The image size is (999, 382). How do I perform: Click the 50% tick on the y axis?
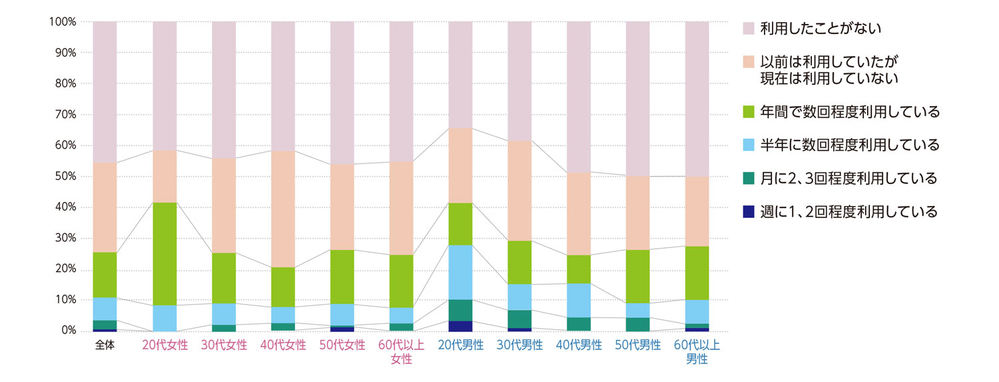[63, 177]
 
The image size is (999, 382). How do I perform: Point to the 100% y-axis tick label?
[61, 22]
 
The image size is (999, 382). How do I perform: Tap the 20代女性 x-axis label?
[165, 345]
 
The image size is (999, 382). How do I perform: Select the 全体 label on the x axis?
[105, 345]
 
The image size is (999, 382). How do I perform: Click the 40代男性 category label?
[579, 345]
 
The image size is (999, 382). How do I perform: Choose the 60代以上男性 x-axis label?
[697, 352]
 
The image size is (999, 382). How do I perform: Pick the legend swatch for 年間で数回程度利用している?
[749, 112]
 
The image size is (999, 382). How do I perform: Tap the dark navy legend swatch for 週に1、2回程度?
[749, 212]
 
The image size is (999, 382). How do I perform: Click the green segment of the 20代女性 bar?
[165, 254]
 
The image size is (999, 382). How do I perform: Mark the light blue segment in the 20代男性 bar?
[460, 272]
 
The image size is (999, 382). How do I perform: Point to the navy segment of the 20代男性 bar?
[460, 326]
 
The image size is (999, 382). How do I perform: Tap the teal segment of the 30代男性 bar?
[519, 319]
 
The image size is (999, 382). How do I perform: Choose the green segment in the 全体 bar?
[105, 275]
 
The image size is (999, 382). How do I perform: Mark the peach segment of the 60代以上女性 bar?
[401, 208]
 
